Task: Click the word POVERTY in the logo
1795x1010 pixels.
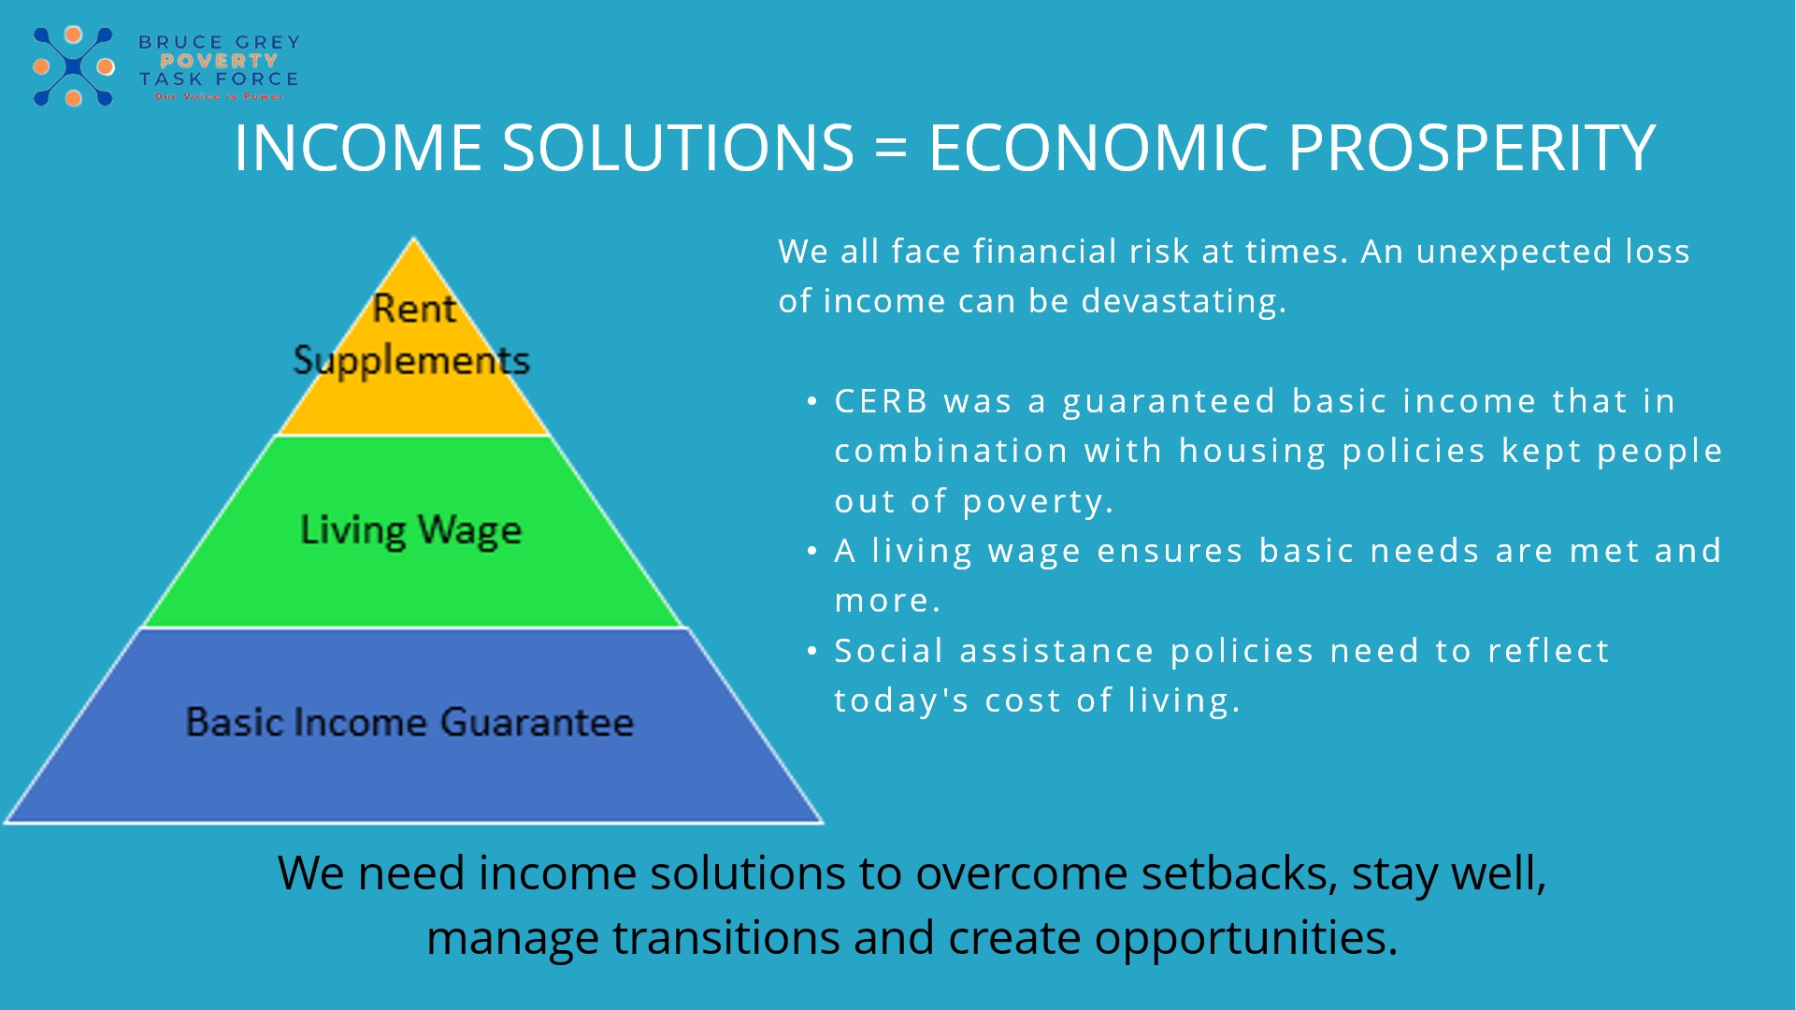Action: click(x=219, y=61)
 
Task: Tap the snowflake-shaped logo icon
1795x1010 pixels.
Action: click(x=73, y=66)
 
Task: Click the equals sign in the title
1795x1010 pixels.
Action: click(x=891, y=149)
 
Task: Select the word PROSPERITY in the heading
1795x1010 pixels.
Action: click(x=1472, y=149)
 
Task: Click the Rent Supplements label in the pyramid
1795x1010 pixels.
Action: click(x=412, y=335)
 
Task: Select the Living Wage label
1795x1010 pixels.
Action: click(x=410, y=530)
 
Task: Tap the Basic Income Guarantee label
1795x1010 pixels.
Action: click(x=409, y=722)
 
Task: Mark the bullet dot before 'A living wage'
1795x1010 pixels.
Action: click(x=812, y=551)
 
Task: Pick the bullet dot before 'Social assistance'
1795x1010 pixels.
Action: click(x=812, y=651)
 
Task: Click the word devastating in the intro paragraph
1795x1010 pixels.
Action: click(x=1182, y=301)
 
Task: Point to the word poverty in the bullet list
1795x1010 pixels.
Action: click(x=1037, y=502)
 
